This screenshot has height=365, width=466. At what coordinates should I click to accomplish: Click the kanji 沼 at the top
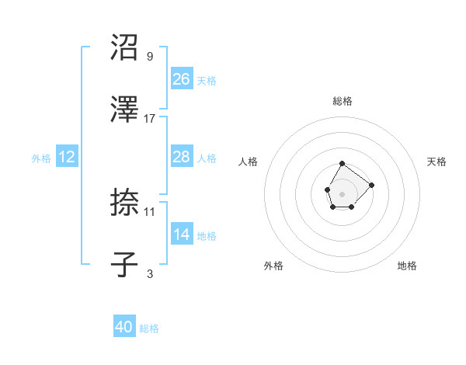click(125, 48)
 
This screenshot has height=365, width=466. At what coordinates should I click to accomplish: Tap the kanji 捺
click(125, 203)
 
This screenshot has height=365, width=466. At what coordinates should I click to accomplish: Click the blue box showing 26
click(182, 78)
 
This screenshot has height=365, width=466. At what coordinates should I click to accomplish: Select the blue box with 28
click(182, 157)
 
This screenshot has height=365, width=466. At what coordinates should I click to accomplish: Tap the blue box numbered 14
click(182, 235)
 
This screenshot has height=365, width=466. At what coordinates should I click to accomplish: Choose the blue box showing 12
click(67, 157)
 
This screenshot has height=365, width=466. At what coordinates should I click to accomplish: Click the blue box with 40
click(124, 327)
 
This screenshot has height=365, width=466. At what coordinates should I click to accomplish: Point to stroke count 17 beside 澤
click(150, 118)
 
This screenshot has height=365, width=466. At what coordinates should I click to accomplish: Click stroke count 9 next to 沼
click(150, 57)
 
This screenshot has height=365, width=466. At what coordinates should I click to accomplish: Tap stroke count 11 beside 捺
click(150, 211)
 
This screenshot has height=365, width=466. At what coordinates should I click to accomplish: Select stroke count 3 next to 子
click(150, 273)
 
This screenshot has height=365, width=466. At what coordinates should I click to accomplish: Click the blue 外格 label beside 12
click(41, 158)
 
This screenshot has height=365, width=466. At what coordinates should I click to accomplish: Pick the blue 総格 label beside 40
click(149, 328)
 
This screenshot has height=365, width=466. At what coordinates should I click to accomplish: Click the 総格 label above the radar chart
click(343, 101)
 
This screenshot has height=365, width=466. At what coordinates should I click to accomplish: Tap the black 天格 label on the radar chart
click(436, 162)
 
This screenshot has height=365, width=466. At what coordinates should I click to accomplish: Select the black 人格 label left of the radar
click(249, 162)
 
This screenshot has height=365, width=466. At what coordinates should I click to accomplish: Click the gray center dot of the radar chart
click(342, 193)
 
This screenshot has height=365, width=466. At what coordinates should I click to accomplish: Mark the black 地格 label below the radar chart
click(407, 266)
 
